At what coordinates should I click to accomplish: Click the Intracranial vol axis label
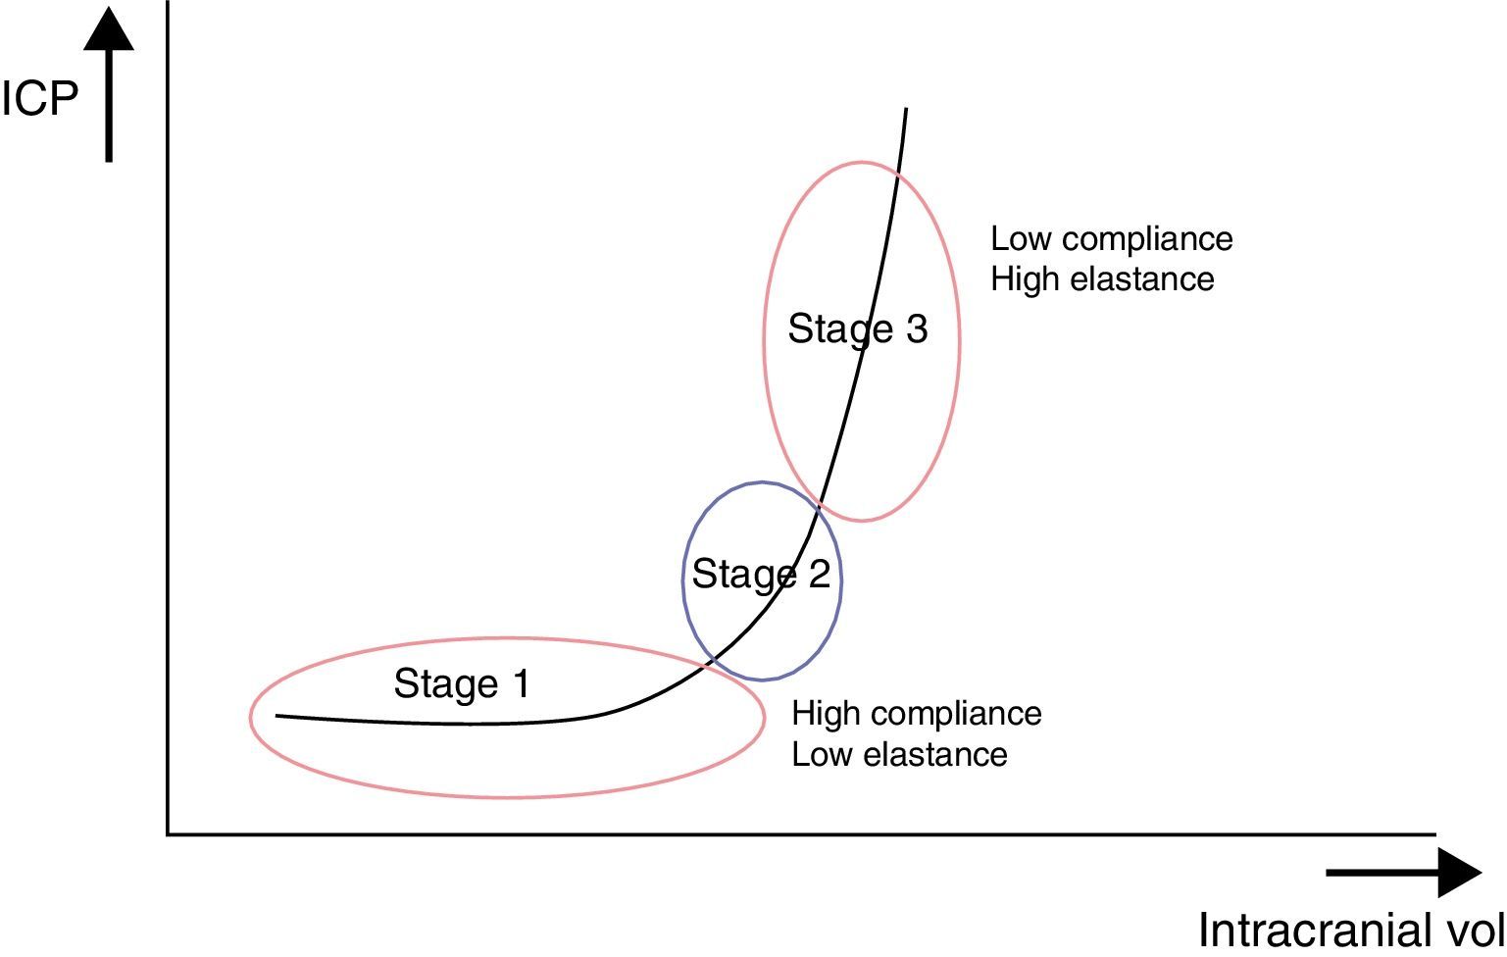pyautogui.click(x=1351, y=930)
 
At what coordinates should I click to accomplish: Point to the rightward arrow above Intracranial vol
pyautogui.click(x=1402, y=872)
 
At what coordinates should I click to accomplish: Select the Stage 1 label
pyautogui.click(x=462, y=683)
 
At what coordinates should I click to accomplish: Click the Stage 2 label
pyautogui.click(x=761, y=574)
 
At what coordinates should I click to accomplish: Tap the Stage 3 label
pyautogui.click(x=858, y=328)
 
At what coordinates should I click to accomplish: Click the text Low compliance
pyautogui.click(x=1111, y=238)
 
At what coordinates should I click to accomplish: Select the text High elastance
pyautogui.click(x=1102, y=279)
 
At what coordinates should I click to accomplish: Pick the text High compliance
pyautogui.click(x=916, y=713)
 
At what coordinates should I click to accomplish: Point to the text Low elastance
pyautogui.click(x=899, y=754)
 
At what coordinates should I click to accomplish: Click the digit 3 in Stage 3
pyautogui.click(x=917, y=328)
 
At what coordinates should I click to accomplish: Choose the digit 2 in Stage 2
pyautogui.click(x=819, y=574)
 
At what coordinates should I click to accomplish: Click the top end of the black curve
pyautogui.click(x=906, y=110)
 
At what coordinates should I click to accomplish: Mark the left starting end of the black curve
pyautogui.click(x=278, y=716)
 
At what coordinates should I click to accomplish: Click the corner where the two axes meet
pyautogui.click(x=169, y=833)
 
